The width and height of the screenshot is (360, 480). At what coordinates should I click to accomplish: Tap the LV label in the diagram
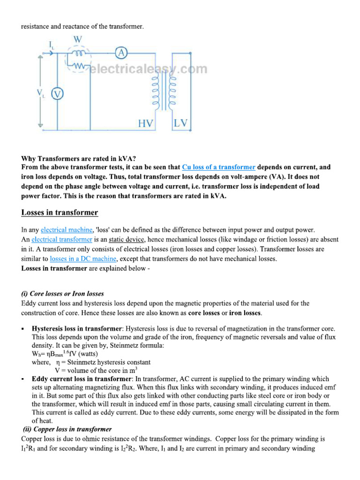tap(181, 123)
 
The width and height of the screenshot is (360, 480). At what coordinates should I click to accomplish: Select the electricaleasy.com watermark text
tap(148, 69)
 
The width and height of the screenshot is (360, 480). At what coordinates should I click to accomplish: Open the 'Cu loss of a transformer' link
tap(218, 167)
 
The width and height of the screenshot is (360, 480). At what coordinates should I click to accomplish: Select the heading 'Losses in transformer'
tap(60, 213)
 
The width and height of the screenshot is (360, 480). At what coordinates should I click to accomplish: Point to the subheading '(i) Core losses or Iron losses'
tap(63, 293)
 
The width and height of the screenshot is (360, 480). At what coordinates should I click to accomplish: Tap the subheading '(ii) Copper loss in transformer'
tap(67, 429)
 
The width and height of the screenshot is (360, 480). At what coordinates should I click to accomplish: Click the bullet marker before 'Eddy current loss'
tap(23, 379)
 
